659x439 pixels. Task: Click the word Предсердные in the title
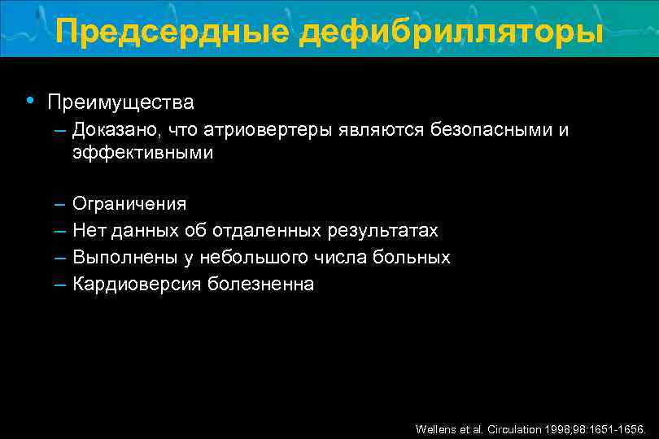[172, 33]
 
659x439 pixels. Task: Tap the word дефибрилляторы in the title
[452, 33]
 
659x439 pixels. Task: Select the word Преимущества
[120, 102]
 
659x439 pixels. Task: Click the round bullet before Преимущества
[29, 102]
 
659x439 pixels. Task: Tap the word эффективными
[142, 153]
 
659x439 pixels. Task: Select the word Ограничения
[129, 203]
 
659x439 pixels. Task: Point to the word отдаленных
[268, 231]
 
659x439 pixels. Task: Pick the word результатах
[383, 231]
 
